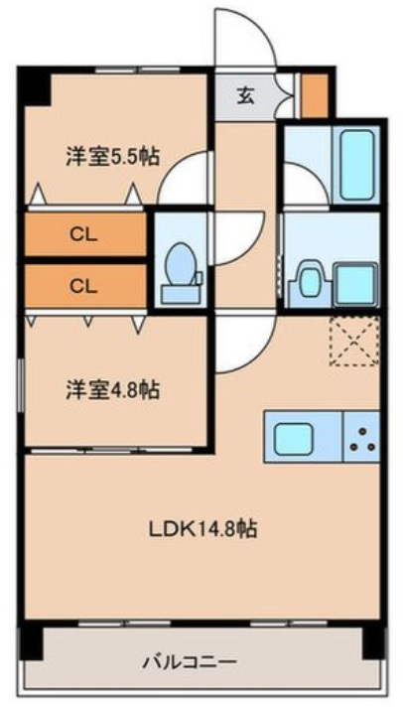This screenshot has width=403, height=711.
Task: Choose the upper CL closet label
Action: [83, 234]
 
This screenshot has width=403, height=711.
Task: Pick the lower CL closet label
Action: [83, 286]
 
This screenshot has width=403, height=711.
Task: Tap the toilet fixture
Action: [180, 271]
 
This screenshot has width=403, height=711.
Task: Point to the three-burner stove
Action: [362, 438]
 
